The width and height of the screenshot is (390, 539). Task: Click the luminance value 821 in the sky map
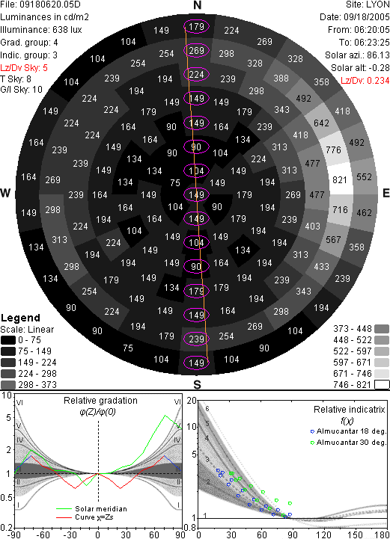[x=340, y=179]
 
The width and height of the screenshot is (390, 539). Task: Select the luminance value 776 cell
[x=334, y=150]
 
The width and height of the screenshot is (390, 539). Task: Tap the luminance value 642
[x=321, y=123]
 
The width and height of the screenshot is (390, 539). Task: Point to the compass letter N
[x=197, y=5]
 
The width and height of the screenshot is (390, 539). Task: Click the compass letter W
[x=5, y=193]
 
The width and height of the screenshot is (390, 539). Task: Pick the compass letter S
[x=197, y=385]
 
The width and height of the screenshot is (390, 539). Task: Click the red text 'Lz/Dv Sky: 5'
[x=24, y=68]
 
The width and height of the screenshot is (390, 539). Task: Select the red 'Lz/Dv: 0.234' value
[x=365, y=81]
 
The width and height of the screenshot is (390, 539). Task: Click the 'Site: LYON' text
[x=368, y=4]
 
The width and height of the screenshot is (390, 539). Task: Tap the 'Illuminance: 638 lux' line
[x=41, y=30]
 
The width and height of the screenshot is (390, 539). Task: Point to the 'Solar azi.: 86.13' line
[x=357, y=55]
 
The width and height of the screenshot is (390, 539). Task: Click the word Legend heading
[x=21, y=318]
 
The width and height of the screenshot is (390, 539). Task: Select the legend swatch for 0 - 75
[x=8, y=340]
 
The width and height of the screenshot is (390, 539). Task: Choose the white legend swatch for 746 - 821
[x=382, y=385]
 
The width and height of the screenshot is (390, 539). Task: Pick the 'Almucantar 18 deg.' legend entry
[x=351, y=431]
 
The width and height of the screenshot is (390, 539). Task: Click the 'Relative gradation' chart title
[x=100, y=401]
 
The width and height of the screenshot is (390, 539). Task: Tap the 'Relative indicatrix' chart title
[x=349, y=410]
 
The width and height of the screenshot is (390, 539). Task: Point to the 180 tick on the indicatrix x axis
[x=382, y=535]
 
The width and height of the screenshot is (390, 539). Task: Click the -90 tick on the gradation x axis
[x=13, y=535]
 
